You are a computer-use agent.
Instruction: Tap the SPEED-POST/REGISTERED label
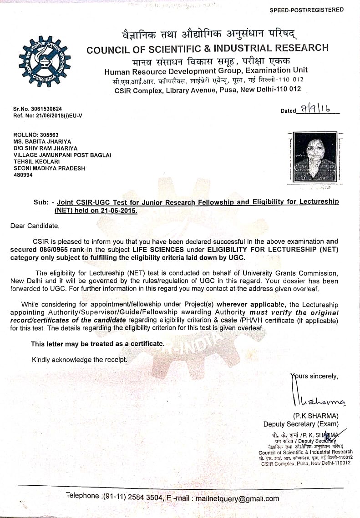pos(313,10)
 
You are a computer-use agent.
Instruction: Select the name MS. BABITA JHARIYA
pos(43,141)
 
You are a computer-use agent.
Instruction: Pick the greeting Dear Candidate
pos(35,226)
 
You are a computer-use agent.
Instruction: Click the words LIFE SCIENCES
pos(158,250)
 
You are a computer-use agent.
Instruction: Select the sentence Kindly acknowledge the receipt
pos(80,360)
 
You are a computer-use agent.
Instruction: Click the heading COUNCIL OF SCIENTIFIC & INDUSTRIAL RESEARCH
pos(207,49)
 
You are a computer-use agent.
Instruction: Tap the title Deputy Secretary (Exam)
pos(301,424)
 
